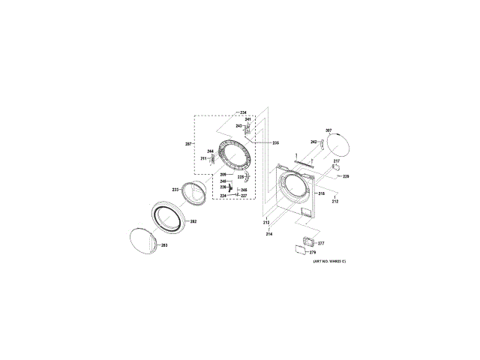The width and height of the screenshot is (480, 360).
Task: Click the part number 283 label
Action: coord(165,245)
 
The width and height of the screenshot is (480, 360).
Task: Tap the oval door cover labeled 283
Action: coord(145,241)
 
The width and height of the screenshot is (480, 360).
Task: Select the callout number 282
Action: coord(193,221)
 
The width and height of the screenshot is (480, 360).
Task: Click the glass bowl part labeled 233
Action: coord(193,195)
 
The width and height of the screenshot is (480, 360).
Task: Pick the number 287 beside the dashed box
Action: coord(189,144)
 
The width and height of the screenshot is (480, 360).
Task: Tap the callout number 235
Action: coord(275,142)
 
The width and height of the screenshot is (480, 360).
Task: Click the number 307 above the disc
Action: coord(328,131)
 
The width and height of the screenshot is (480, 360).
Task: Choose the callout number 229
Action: coord(346,177)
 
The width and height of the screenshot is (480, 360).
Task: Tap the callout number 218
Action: coord(321,193)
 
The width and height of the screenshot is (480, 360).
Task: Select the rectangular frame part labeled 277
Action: coord(305,242)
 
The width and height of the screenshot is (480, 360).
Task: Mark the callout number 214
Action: coord(268,235)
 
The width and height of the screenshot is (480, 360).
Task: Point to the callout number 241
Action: coord(247,119)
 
